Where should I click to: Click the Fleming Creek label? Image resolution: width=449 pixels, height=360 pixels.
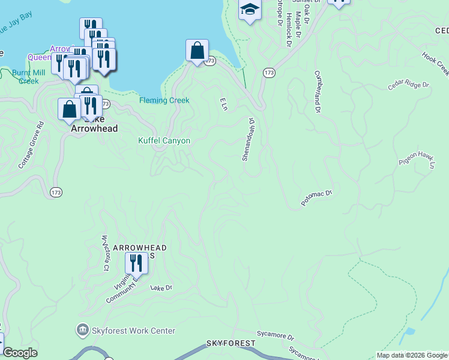(164, 101)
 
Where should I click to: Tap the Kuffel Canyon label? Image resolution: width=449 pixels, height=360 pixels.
(164, 141)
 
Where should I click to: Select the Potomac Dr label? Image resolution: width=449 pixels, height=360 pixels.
(316, 198)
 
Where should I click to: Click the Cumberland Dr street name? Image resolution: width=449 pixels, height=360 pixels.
(316, 92)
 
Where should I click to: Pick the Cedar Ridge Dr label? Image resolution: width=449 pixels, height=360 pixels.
(408, 84)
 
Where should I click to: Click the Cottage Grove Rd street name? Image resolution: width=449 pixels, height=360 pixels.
(31, 145)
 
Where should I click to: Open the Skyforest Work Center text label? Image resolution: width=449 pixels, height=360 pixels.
(133, 331)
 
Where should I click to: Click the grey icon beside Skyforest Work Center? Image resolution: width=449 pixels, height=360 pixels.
(82, 330)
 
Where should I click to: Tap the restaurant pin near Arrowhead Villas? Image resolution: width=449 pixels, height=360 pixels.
(136, 263)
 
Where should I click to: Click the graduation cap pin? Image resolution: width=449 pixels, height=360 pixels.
(250, 9)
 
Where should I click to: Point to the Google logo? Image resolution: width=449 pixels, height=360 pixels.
(20, 353)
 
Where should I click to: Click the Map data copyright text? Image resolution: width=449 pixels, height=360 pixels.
(412, 356)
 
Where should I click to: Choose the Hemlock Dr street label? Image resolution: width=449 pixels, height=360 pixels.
(289, 31)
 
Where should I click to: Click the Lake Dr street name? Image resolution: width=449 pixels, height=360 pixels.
(161, 289)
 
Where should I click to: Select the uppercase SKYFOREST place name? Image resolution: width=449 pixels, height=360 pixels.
(231, 343)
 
